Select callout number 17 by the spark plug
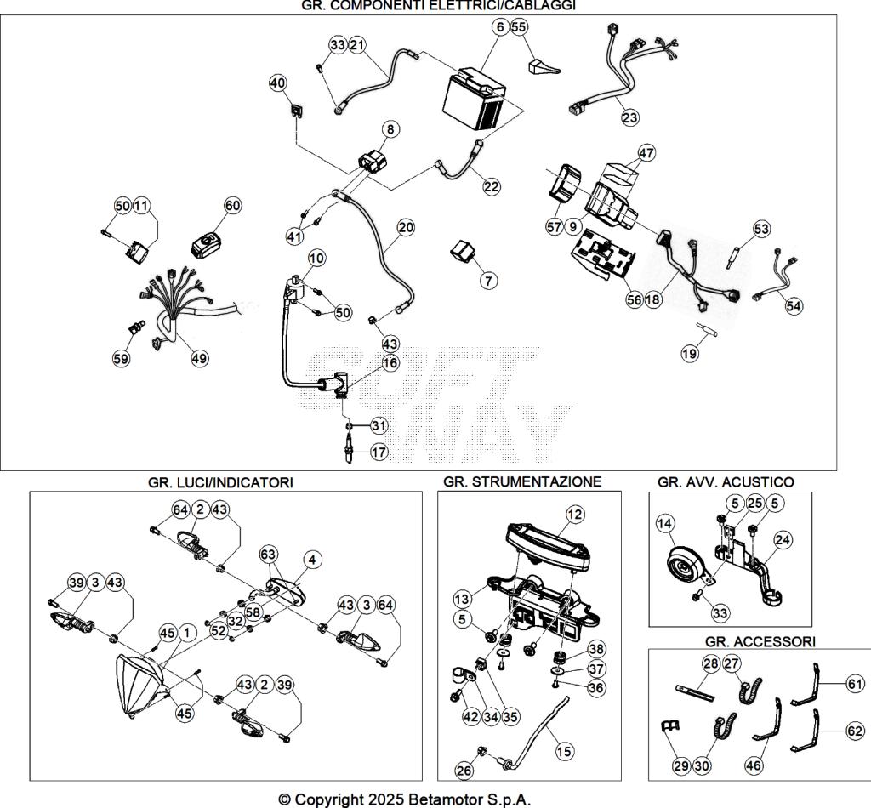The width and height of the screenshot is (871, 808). click(379, 452)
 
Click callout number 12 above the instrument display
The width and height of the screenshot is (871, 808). click(576, 514)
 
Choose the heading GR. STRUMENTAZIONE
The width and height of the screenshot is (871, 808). click(522, 481)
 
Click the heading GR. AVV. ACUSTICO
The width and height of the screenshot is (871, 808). click(726, 482)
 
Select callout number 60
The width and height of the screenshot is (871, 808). click(232, 205)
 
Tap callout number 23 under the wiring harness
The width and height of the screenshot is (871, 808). click(629, 117)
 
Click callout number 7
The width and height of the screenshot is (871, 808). click(487, 280)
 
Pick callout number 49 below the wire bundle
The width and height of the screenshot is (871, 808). click(198, 359)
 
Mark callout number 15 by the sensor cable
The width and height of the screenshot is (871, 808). click(565, 751)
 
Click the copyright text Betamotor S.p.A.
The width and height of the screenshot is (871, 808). click(405, 799)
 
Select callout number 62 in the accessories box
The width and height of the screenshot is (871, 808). click(855, 729)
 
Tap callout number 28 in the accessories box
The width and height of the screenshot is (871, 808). click(711, 664)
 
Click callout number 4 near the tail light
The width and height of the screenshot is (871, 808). click(313, 560)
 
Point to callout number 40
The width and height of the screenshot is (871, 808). click(278, 83)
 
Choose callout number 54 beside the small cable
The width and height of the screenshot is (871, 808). click(794, 305)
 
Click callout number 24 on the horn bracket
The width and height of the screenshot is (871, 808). click(782, 538)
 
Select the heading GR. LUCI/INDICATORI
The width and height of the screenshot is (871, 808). click(220, 482)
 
